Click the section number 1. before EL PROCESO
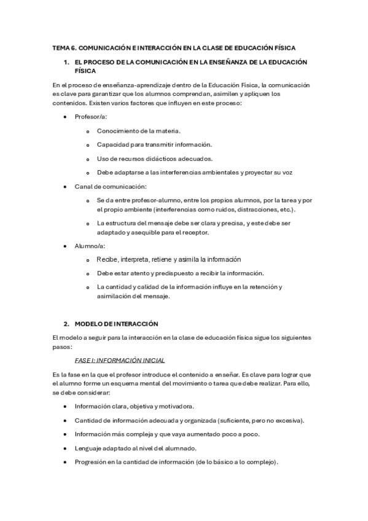pos(66,63)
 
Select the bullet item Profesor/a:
pos(90,116)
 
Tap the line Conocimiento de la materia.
pos(138,130)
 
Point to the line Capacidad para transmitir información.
pos(154,144)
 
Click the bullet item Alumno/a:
pos(90,245)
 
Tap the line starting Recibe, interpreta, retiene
pos(168,259)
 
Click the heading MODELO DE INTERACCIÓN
pos(116,323)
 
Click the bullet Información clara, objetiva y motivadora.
pos(135,406)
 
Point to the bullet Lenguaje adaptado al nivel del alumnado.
pos(135,448)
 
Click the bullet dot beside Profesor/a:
pos(66,116)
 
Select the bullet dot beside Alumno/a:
pos(66,245)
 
